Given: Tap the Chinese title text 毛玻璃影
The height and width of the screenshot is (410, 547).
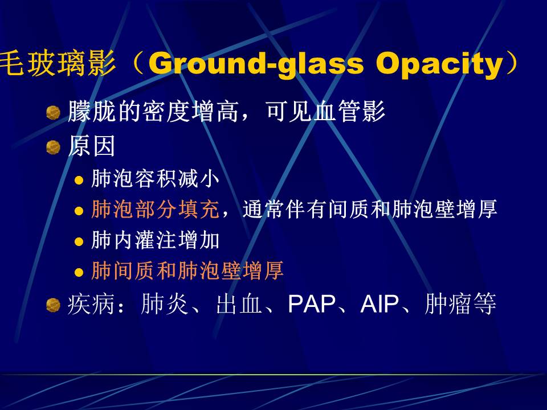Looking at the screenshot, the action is coord(58,63).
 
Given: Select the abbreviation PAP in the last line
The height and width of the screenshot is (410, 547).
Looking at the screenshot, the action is coord(312,304).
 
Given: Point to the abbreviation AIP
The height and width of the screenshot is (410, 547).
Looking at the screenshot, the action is coord(379,304).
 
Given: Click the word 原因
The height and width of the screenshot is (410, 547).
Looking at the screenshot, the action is coord(91,146).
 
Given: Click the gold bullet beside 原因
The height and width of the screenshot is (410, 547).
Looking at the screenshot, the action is coord(53,147).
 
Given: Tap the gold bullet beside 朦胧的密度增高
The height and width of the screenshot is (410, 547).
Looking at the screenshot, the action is coord(53,113).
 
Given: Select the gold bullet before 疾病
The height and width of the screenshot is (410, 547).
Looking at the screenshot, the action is coord(53,305).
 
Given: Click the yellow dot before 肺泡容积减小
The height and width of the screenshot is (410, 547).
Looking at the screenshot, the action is coord(79,180).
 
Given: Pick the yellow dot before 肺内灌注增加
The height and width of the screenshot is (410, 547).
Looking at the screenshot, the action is coord(79,241).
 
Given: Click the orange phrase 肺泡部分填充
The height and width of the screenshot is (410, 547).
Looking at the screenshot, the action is coord(155,209).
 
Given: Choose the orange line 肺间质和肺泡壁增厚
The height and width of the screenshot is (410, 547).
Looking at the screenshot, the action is coord(187,270).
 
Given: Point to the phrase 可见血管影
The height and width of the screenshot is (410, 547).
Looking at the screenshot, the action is coord(325,111).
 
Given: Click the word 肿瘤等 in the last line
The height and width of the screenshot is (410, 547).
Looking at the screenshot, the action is coord(460,304).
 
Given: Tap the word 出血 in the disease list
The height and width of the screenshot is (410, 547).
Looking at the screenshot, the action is coord(239,304).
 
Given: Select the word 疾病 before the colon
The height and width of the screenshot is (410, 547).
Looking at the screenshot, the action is coord(91,304).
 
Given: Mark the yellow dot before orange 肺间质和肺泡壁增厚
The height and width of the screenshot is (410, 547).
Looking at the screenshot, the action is coord(79,272).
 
